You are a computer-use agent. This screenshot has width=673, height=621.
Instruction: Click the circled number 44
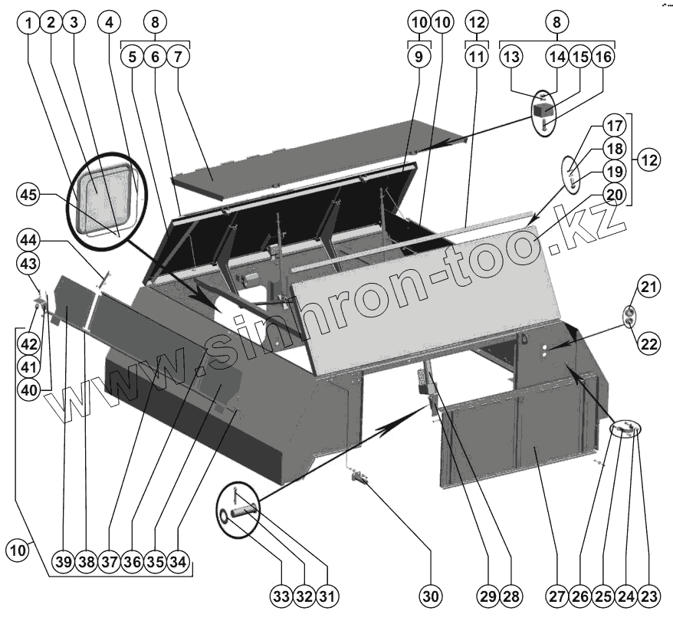click(29, 241)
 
